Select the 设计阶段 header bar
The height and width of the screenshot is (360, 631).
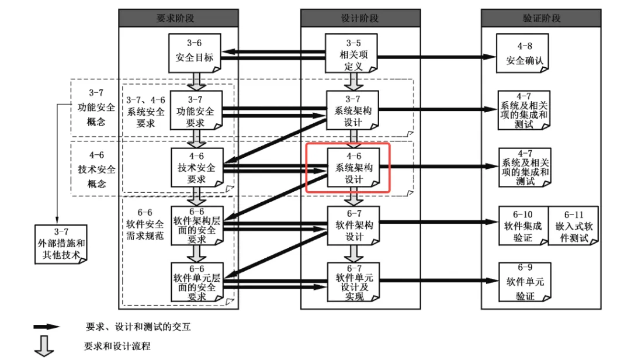[359, 18]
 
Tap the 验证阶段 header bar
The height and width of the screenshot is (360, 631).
[541, 18]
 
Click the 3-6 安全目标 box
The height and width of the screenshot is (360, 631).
[195, 52]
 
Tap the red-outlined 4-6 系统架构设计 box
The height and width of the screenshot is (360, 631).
[349, 168]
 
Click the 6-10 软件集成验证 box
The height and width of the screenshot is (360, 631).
[523, 225]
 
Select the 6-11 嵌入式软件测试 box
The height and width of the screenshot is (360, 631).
[573, 225]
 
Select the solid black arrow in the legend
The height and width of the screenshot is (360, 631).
[46, 327]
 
